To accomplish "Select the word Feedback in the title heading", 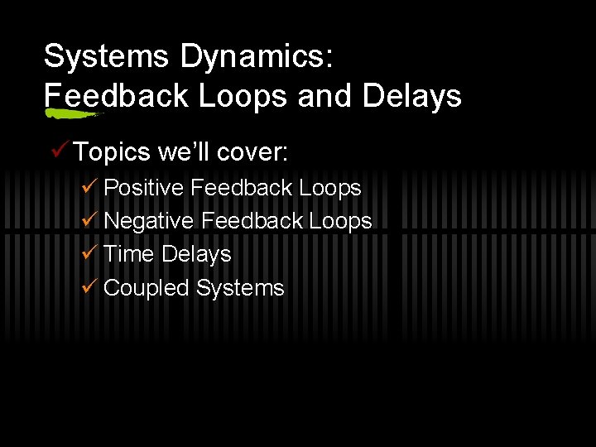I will point(116,97).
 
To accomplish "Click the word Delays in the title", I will point(411,97).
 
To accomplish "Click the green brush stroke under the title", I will point(73,112).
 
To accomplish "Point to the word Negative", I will point(149,222).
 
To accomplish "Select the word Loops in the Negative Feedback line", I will point(340,222).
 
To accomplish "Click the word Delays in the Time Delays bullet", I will point(196,255).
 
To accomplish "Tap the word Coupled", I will point(147,288).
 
